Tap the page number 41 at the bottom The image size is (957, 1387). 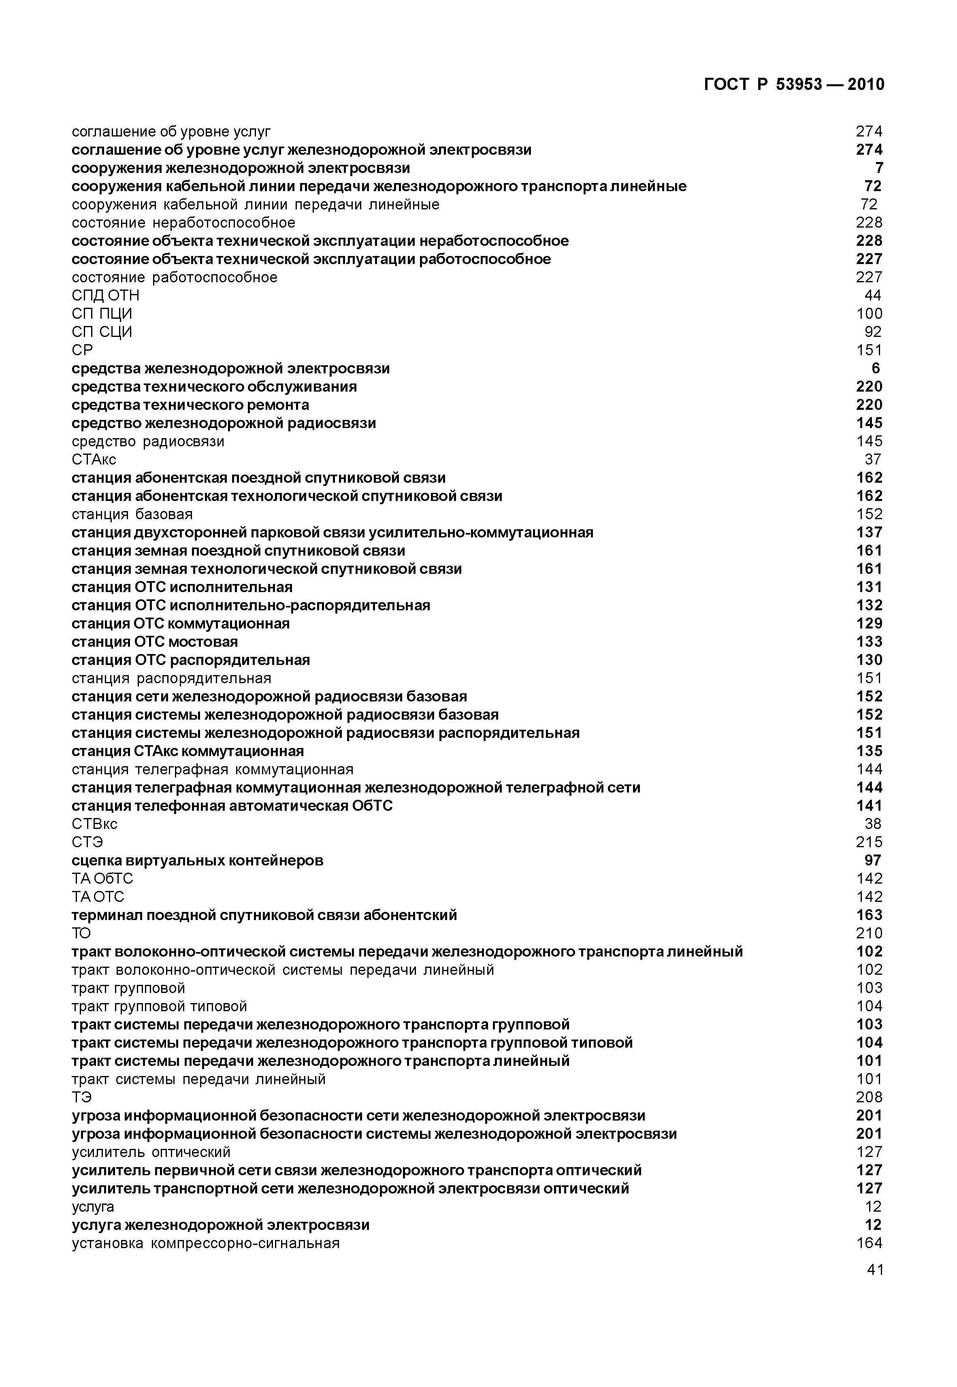tap(875, 1270)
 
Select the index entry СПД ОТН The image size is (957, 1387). tap(106, 296)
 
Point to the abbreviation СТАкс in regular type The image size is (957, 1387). tap(94, 460)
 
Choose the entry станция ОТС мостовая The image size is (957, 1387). tap(155, 642)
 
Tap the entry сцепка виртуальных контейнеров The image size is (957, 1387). tap(197, 861)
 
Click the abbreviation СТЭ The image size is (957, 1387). tap(87, 842)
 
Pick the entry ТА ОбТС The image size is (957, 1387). tap(102, 879)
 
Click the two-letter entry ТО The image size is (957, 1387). tap(81, 933)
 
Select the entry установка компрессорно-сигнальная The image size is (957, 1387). tap(206, 1243)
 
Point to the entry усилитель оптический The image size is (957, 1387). tap(151, 1152)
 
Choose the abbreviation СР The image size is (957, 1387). tap(82, 350)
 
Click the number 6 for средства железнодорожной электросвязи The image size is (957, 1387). tap(876, 369)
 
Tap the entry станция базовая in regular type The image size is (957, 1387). tap(132, 514)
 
